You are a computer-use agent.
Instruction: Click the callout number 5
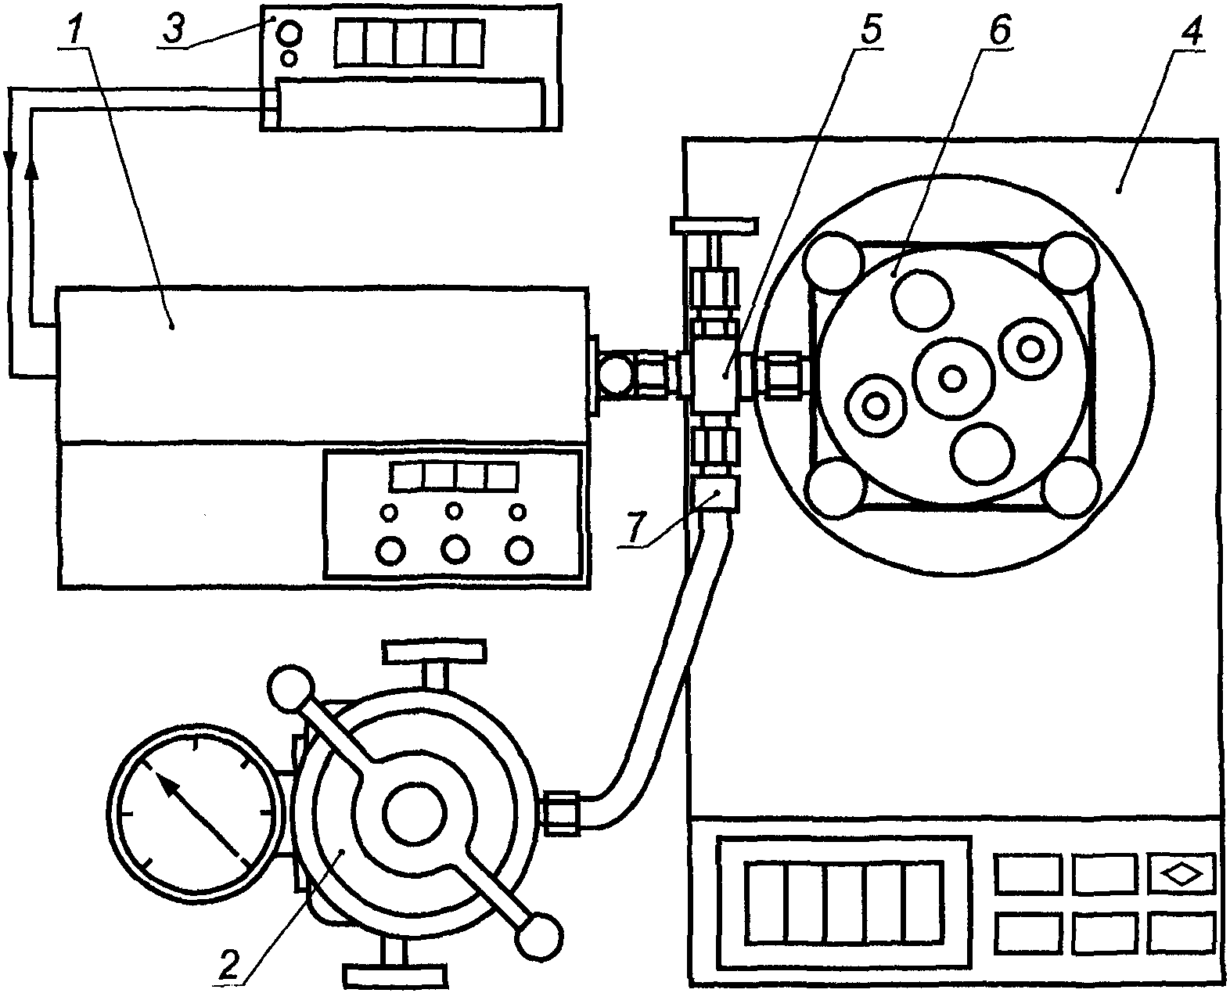point(871,29)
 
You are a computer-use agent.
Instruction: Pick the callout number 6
point(1000,29)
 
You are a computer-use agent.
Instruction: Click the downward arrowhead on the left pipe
point(10,159)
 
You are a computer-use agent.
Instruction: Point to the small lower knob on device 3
point(290,59)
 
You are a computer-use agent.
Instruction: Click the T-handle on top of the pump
point(434,663)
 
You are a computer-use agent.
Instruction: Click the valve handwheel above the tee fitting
point(714,225)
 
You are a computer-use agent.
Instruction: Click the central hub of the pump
point(414,815)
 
